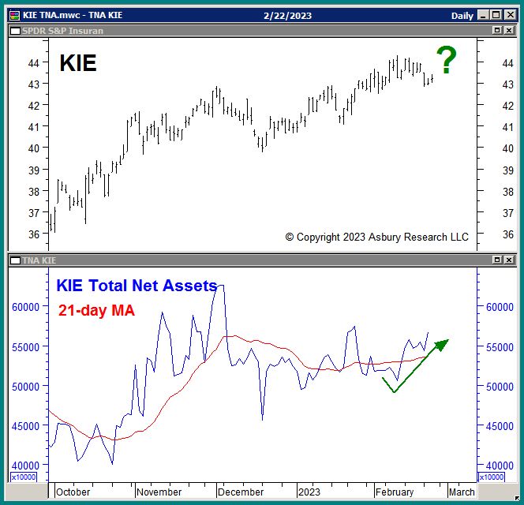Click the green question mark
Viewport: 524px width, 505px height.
[447, 61]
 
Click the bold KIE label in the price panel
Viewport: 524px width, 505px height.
[78, 63]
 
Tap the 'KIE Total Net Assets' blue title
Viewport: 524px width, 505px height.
[136, 286]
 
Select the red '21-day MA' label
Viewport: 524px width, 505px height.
[96, 311]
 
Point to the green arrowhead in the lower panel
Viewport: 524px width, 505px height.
[443, 343]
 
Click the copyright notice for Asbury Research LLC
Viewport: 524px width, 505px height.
[376, 237]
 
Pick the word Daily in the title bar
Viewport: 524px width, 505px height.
[462, 16]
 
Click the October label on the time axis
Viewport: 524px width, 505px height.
[73, 492]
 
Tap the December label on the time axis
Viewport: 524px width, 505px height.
[241, 492]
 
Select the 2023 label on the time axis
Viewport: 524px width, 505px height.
[309, 492]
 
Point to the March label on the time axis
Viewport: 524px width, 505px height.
[462, 492]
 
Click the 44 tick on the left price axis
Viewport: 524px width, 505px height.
[33, 62]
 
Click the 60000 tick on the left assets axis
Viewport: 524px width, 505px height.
[26, 307]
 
